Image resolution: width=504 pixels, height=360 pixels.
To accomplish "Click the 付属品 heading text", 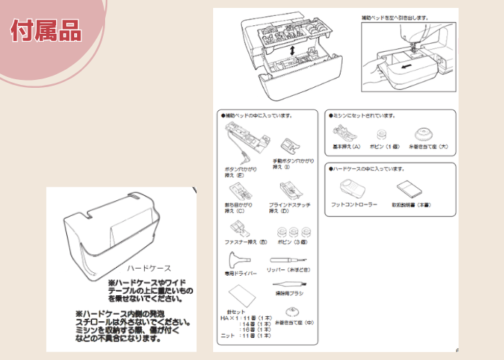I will (x=45, y=31).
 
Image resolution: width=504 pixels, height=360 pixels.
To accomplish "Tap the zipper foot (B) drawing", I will (x=235, y=231).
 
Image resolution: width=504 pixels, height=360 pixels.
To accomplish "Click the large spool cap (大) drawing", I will (x=424, y=133).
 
